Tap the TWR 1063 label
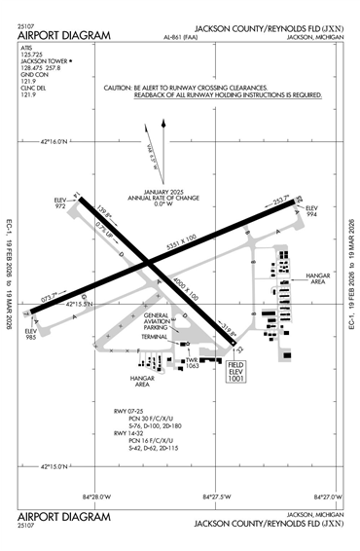[x=192, y=363]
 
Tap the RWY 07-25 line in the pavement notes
[x=126, y=412]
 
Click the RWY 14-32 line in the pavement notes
[x=126, y=432]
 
